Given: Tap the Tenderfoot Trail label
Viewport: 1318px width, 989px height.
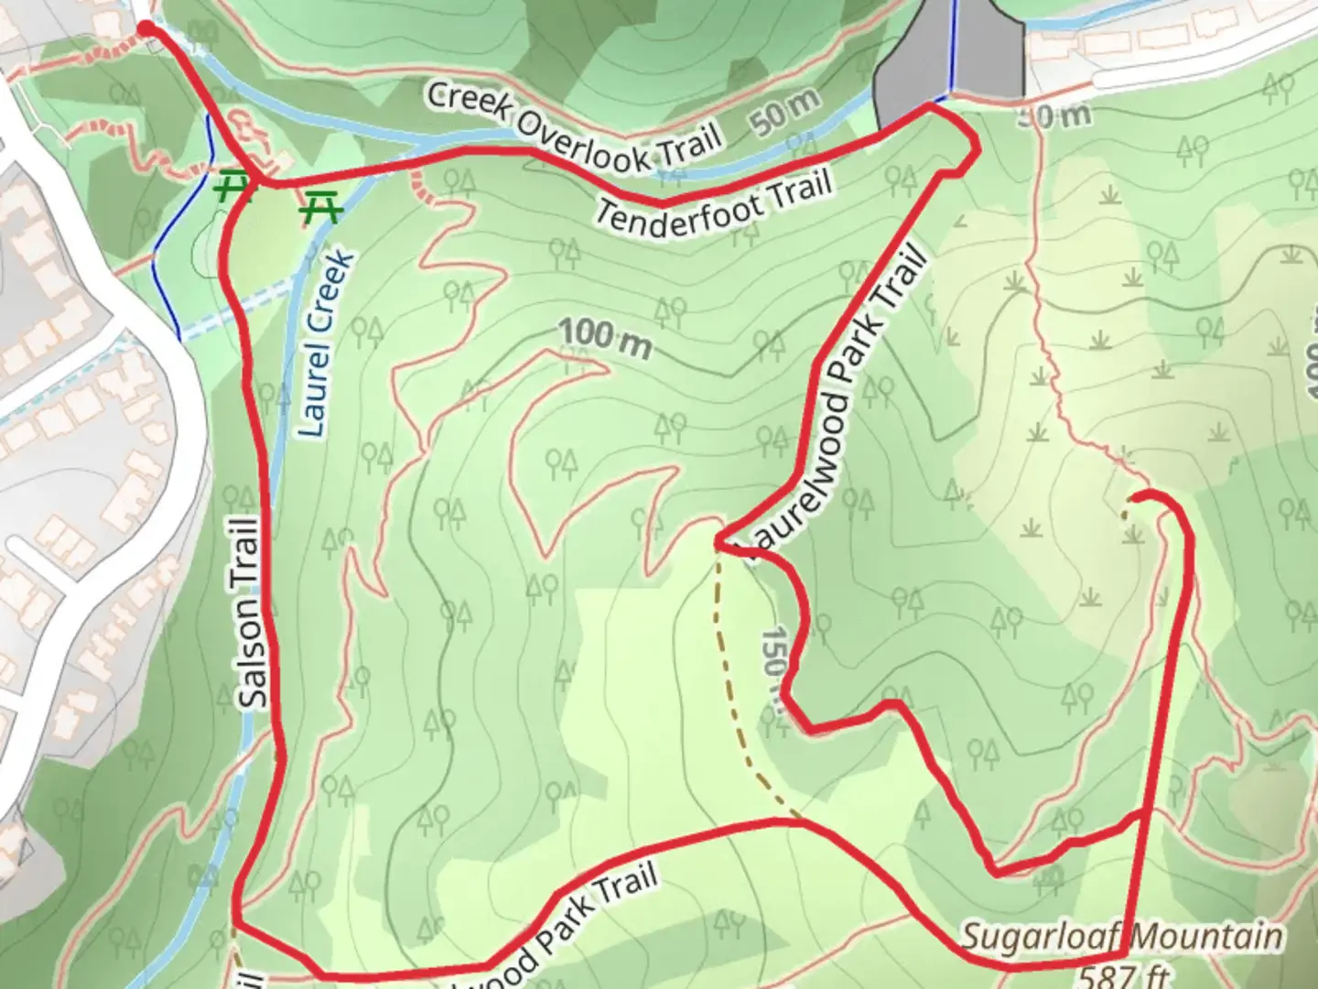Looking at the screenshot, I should pyautogui.click(x=715, y=202).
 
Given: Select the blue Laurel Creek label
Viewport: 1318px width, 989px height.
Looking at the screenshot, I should pyautogui.click(x=325, y=342).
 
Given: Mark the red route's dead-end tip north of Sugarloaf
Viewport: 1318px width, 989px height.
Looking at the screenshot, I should pyautogui.click(x=1134, y=497).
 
